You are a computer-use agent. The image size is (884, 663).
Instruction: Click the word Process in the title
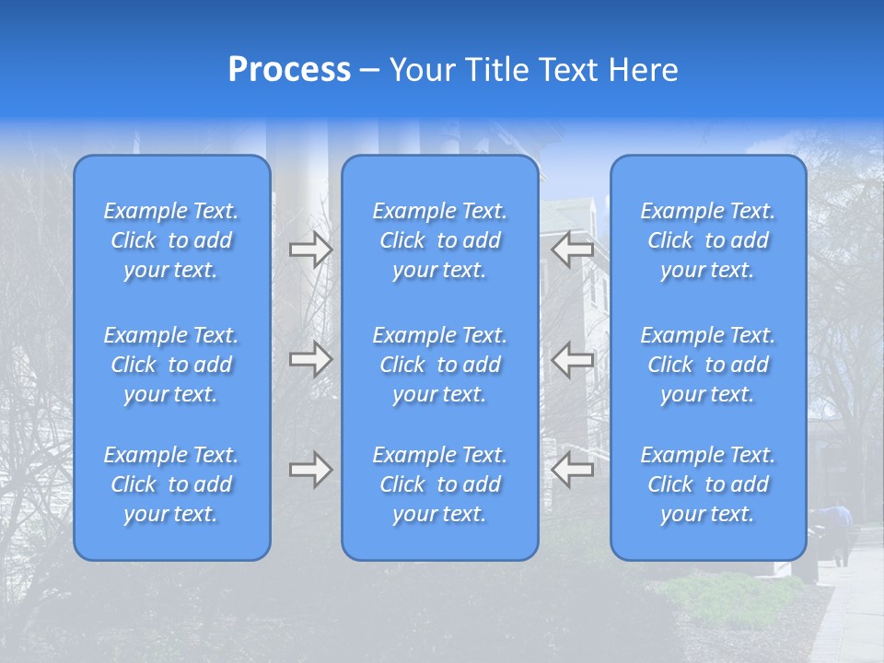point(289,70)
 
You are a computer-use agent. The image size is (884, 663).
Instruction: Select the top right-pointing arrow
point(310,249)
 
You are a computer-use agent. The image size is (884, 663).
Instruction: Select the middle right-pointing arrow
point(310,359)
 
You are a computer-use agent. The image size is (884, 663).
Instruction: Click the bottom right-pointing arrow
point(310,471)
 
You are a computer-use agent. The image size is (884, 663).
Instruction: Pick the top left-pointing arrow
point(572,249)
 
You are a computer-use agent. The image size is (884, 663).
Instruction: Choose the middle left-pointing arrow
point(572,359)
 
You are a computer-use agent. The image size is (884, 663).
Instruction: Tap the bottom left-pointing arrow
point(572,471)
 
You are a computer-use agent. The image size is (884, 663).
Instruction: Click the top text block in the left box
point(171,240)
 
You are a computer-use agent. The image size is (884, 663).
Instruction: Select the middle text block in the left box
point(171,365)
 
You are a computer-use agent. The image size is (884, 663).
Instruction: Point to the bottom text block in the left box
point(171,484)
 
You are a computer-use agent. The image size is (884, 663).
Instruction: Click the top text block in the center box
point(440,240)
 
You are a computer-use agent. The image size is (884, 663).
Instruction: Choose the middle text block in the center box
point(440,365)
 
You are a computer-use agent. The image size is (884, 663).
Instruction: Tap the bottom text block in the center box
point(440,484)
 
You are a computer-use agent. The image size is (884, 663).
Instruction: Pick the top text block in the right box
point(708,240)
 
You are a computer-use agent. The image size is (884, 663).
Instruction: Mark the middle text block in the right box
point(708,365)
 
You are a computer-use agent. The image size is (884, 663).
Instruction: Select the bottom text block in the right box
point(708,484)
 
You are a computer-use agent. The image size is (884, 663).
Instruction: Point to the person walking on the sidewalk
point(839,533)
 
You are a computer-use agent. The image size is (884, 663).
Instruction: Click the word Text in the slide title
point(568,70)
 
